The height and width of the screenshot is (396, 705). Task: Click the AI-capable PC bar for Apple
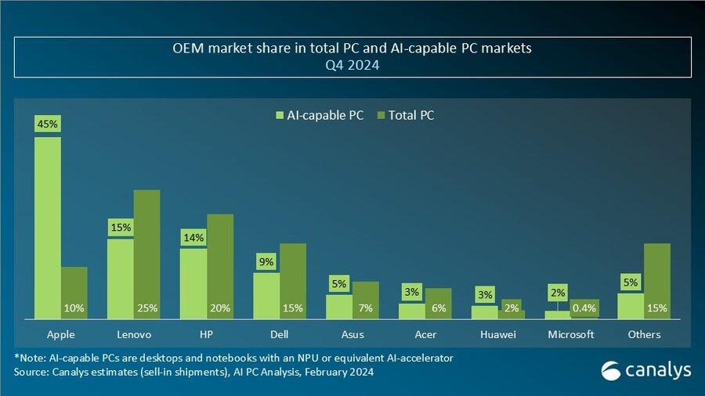(x=48, y=227)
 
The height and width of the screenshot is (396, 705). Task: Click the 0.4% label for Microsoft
(x=584, y=308)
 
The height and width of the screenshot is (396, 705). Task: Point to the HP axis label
(x=207, y=334)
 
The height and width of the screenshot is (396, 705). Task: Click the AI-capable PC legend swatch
(x=278, y=116)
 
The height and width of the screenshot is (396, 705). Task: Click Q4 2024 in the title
(x=352, y=67)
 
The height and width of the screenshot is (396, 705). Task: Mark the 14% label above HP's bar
(x=193, y=238)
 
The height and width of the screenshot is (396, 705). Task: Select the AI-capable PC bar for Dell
(x=266, y=295)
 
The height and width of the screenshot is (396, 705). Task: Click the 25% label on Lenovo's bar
(x=146, y=308)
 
